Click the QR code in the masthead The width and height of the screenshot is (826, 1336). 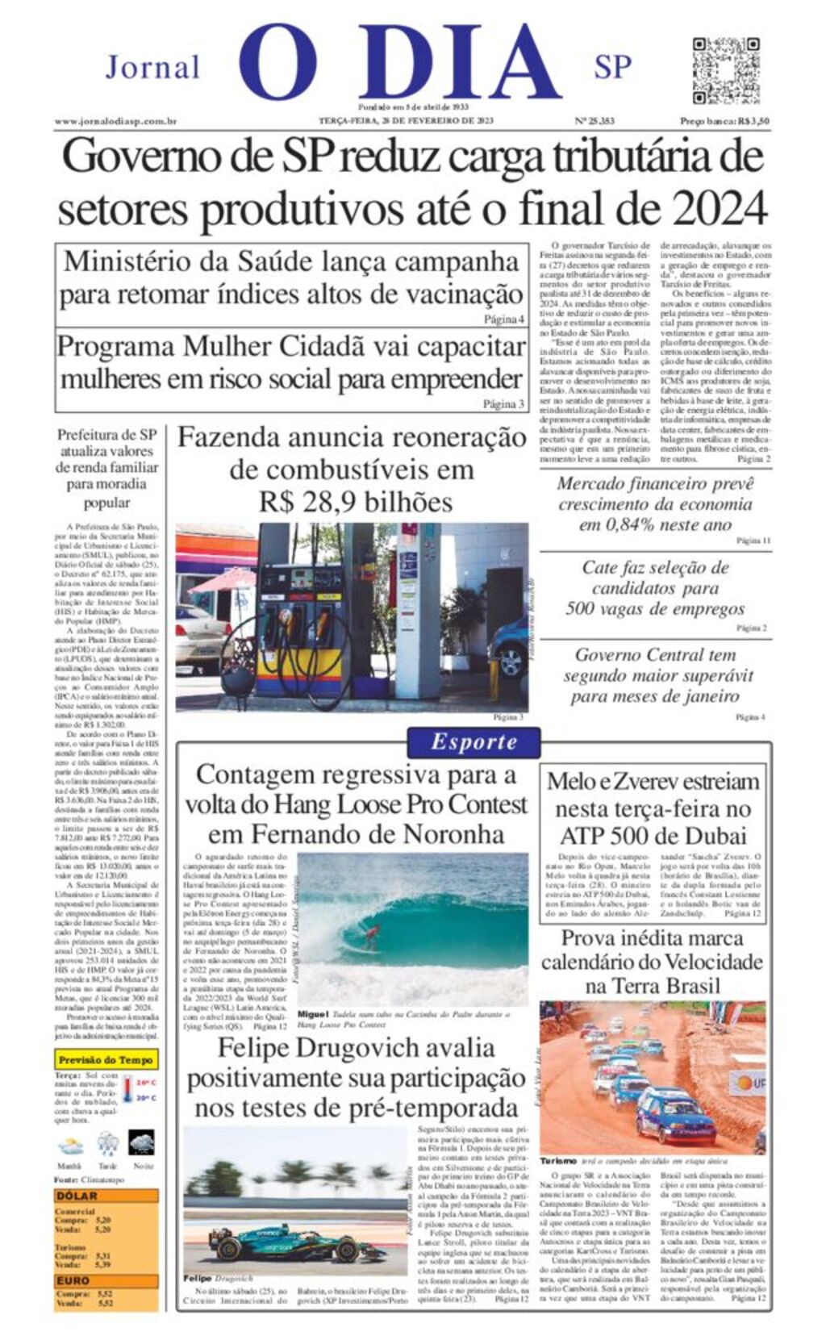725,70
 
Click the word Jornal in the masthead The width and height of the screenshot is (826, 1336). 152,67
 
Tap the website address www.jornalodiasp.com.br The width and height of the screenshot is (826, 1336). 116,121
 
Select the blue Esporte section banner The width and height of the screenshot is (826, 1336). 473,741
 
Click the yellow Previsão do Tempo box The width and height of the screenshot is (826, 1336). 106,1059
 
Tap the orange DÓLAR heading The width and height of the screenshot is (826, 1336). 77,1196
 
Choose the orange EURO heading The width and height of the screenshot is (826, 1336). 73,1280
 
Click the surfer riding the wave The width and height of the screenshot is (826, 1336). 371,936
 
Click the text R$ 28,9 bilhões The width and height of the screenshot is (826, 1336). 356,502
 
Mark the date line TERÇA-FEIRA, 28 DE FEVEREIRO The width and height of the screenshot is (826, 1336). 406,121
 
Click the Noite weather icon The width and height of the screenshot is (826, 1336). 142,1143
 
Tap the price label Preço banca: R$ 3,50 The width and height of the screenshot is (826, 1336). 724,121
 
